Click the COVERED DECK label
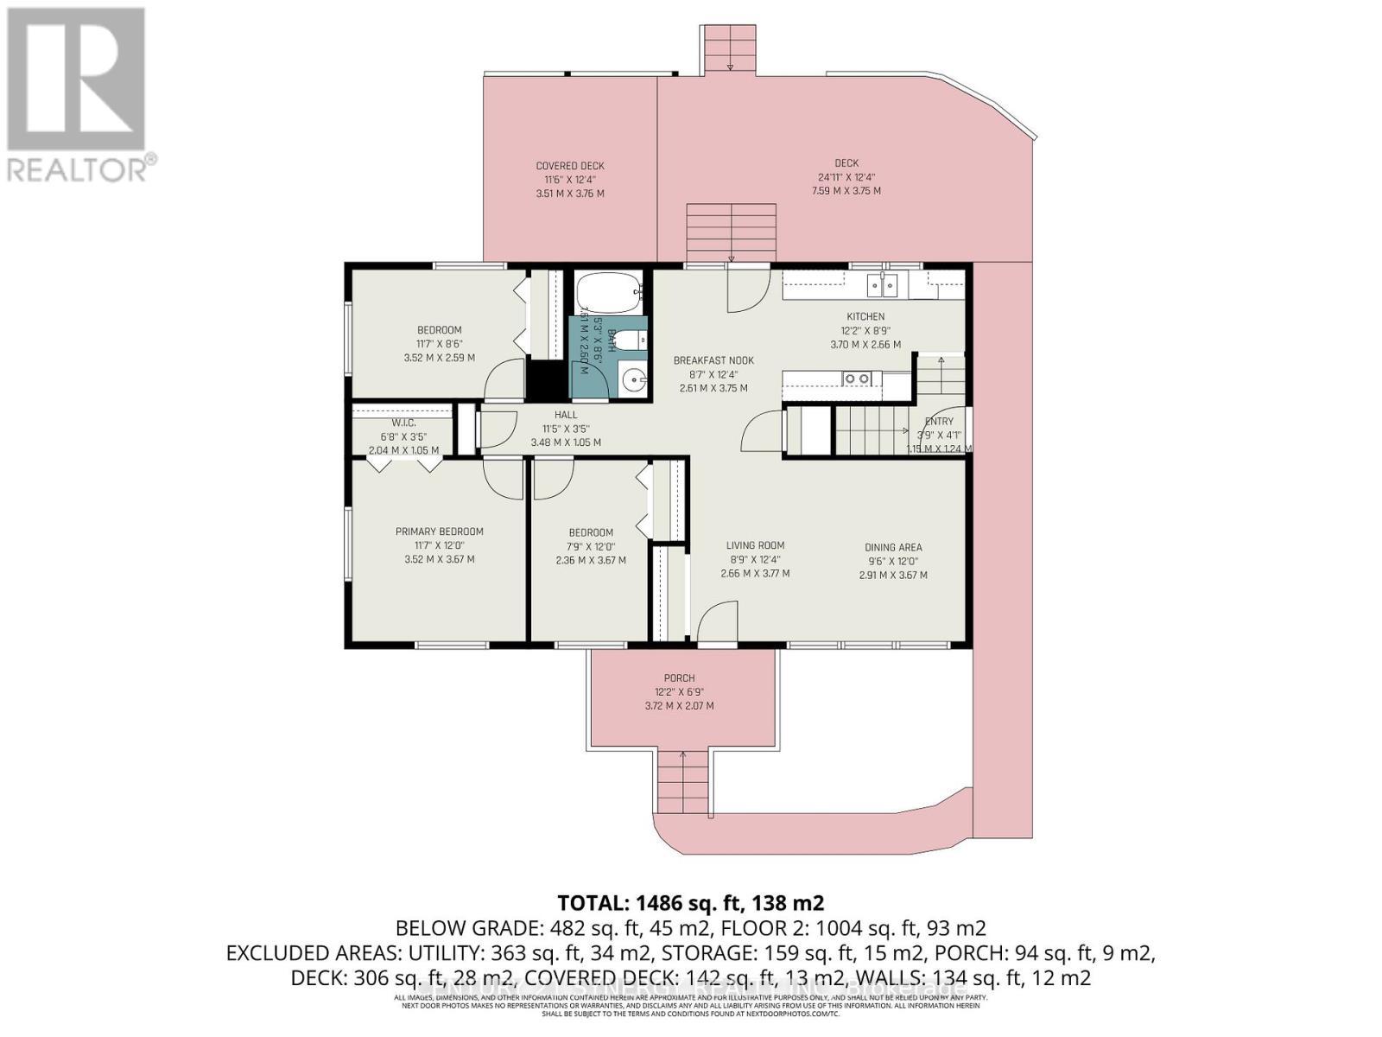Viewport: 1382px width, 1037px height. click(570, 166)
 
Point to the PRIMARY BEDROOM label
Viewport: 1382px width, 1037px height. click(439, 531)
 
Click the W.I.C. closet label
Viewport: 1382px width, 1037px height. click(403, 423)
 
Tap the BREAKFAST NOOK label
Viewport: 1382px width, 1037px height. click(713, 360)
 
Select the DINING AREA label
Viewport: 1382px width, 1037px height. click(893, 547)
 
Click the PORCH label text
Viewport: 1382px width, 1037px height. click(679, 678)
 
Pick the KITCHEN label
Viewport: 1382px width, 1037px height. click(865, 316)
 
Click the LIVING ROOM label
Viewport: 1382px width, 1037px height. click(755, 545)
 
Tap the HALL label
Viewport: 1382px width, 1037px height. click(566, 415)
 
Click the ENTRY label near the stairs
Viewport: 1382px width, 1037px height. click(938, 422)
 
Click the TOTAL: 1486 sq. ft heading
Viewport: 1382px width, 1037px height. click(690, 903)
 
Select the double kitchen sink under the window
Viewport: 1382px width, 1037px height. click(883, 284)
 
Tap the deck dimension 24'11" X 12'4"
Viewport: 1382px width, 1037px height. click(846, 177)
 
